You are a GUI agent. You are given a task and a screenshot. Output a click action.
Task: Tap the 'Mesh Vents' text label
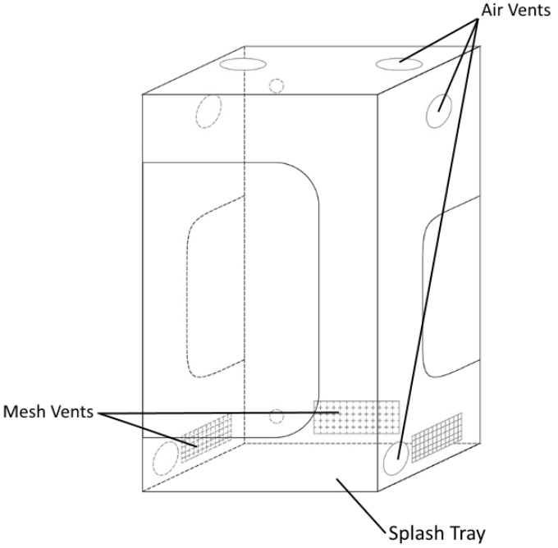(49, 409)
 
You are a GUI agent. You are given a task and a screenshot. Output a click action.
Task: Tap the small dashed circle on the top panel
(277, 84)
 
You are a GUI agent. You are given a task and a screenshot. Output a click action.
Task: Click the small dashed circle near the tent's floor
(277, 416)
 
